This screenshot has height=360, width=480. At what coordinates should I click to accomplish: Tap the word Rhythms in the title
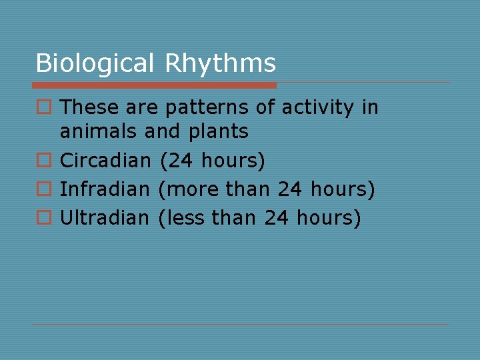coord(220,63)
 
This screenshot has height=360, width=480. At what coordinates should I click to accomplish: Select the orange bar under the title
coord(155,85)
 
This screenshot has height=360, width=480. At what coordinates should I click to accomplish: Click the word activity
coord(318,108)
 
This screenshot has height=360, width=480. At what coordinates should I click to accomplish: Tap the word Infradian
coord(105,189)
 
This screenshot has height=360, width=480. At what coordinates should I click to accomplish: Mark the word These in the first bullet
coord(89,108)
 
